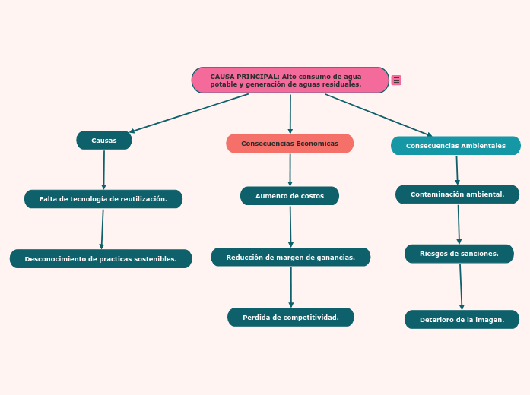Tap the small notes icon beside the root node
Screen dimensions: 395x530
pos(396,81)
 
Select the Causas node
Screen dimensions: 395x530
pos(104,141)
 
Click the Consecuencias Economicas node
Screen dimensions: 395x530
pos(290,144)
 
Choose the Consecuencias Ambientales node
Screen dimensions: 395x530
pos(455,146)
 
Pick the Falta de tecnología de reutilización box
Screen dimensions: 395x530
pos(103,199)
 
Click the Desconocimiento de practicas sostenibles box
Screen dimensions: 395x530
pos(100,259)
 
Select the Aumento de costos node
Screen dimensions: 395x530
pos(290,196)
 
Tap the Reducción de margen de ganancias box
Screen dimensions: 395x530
pos(290,258)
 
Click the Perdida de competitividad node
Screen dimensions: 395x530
pos(290,318)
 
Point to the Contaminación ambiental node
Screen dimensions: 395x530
pos(457,194)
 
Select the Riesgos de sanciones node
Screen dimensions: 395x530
pos(459,254)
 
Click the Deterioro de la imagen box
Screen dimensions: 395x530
pos(462,320)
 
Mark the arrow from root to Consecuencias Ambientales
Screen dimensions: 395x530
pos(378,115)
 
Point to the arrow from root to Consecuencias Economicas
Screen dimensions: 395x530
pos(290,114)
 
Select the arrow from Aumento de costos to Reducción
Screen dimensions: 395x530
pos(290,226)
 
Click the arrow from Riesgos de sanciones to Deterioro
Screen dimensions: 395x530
pos(461,286)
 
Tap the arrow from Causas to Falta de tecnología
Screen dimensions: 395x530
pos(104,169)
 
